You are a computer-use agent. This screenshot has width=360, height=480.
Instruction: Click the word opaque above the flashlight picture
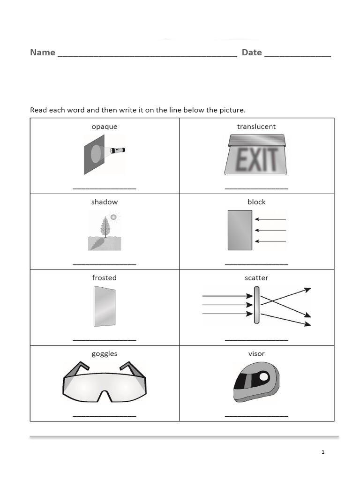coord(105,127)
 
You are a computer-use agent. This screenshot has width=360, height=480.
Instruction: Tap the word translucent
coord(256,127)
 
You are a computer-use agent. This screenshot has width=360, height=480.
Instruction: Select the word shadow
coord(105,202)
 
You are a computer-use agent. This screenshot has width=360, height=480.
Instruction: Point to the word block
coord(256,202)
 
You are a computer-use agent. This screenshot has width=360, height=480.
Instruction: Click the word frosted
coord(105,277)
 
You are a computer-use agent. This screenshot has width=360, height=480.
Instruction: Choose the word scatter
coord(256,277)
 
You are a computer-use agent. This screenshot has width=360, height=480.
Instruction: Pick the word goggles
coord(105,353)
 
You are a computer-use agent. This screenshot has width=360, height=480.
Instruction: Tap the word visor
coord(256,353)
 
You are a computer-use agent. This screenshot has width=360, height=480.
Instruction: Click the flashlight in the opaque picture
coord(119,150)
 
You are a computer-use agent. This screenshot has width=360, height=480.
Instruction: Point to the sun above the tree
coord(113,217)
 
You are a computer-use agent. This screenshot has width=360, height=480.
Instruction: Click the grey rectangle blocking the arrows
coord(240,230)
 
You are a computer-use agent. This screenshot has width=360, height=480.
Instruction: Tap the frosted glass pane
coord(105,306)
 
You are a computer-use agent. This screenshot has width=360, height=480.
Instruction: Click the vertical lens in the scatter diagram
coord(256,305)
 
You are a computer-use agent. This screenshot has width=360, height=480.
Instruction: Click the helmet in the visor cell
coord(256,382)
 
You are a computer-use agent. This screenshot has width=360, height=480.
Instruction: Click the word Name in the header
coord(43,52)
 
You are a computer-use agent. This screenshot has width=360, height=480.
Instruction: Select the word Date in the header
coord(252,52)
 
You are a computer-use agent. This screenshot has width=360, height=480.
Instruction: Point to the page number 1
coord(323,452)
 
